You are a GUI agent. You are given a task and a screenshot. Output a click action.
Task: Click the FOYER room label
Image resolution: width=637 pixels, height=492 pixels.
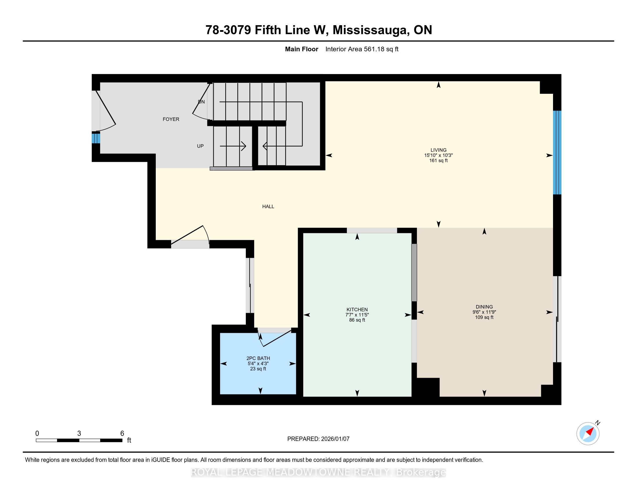pos(171,119)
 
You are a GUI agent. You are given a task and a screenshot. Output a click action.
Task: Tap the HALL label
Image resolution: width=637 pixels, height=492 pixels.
pos(268,207)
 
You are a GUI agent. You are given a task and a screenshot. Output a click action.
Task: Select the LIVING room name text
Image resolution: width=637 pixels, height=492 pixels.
pos(438,150)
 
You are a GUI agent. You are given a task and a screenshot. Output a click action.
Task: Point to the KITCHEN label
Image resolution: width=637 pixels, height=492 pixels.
pos(357,310)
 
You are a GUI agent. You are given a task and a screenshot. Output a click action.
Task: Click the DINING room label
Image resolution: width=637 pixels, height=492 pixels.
pos(484,306)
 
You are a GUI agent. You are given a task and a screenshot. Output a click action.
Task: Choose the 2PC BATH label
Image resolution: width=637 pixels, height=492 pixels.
pos(258,358)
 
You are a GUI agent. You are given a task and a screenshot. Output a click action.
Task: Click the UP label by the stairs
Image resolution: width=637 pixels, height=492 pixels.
pos(200,146)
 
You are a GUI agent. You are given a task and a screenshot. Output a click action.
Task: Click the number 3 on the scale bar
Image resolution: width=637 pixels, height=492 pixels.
pos(79,434)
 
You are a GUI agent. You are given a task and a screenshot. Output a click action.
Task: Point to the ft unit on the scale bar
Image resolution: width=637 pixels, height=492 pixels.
pos(129,440)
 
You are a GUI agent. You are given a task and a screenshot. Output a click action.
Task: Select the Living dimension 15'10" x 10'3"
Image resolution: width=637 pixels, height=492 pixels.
pos(438,155)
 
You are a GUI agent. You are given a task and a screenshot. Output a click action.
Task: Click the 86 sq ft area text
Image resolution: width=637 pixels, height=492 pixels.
pos(357,320)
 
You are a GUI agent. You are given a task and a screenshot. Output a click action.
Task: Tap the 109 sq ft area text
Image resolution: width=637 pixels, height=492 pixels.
pos(484,317)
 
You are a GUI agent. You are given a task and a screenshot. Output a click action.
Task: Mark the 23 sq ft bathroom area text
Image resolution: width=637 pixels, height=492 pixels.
pos(258,369)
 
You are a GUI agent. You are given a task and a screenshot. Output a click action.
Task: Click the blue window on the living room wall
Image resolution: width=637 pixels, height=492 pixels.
pos(557,153)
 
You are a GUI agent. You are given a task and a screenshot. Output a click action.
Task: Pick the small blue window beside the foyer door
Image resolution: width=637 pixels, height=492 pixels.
pos(96,138)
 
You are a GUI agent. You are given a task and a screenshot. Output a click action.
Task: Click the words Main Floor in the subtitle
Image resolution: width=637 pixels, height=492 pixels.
pos(302,49)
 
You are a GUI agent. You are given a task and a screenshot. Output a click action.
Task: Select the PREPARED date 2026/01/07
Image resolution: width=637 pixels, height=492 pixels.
pos(335,439)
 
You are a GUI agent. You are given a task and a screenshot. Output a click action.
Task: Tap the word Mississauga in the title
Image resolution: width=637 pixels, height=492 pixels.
pos(370,30)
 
